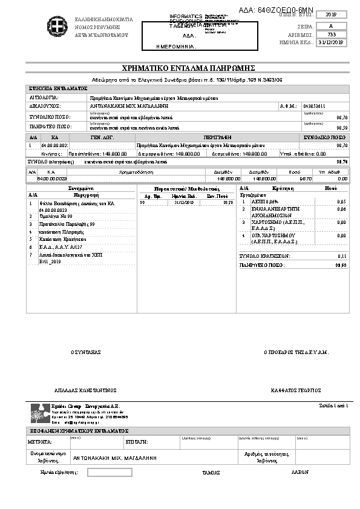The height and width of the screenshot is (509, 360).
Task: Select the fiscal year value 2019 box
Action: point(331,14)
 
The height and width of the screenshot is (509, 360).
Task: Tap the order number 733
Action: point(331,34)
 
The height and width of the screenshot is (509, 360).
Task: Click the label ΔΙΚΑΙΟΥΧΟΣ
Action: point(45,106)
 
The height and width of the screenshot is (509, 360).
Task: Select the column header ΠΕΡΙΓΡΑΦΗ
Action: point(217,138)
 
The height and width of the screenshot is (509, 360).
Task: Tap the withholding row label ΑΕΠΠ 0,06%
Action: point(265,202)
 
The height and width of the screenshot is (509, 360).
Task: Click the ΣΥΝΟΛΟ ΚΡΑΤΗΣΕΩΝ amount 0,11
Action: point(341,257)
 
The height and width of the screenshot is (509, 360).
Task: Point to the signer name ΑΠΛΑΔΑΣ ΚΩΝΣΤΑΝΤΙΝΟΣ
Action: point(85,390)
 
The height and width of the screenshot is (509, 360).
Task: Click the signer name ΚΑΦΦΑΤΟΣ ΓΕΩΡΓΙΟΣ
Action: point(295,390)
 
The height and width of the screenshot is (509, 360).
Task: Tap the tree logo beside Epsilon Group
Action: point(39,413)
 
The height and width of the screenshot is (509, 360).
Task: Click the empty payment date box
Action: point(110,472)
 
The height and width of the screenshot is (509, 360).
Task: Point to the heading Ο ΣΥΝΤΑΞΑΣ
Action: point(86,352)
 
